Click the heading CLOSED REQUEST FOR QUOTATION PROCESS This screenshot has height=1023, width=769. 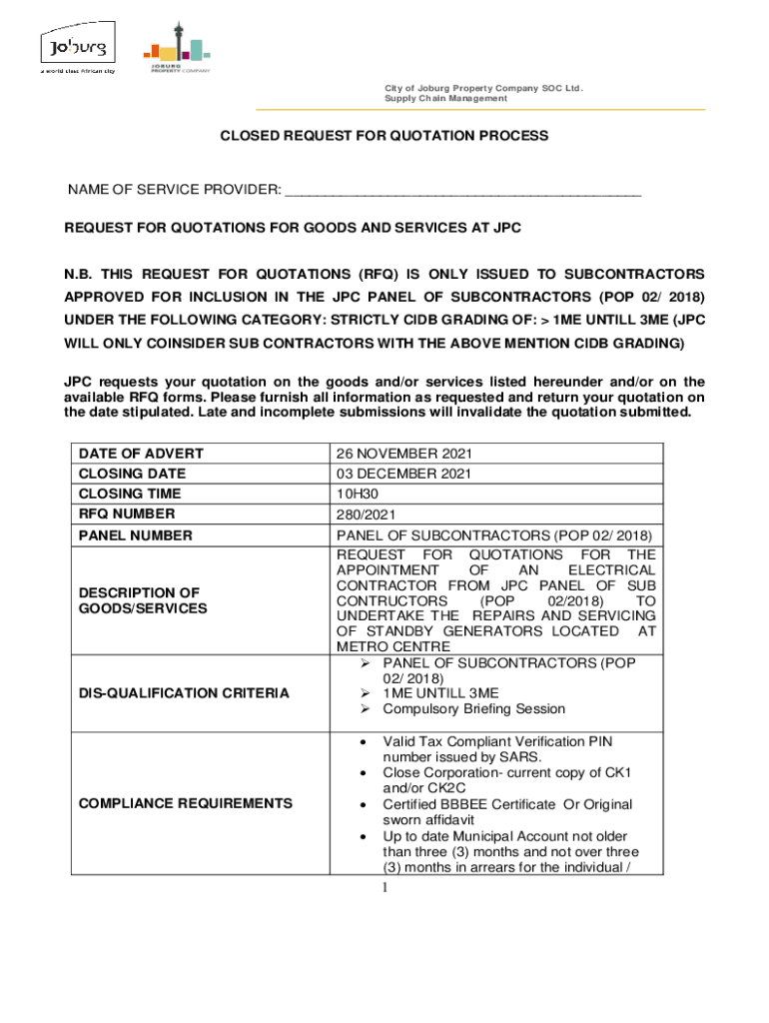pos(384,135)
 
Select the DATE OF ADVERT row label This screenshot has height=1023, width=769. pos(141,454)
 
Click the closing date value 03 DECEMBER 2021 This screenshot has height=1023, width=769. pos(403,474)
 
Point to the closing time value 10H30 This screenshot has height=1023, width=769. pos(361,494)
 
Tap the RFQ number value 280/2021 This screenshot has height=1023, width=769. pos(368,514)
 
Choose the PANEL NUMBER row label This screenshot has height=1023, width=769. pos(135,535)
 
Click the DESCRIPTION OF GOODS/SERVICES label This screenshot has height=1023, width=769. pos(143,599)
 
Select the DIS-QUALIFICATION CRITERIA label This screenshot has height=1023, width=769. pos(184,692)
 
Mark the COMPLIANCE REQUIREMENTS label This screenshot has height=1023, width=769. pos(185,803)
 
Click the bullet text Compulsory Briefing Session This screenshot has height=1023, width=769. pos(473,709)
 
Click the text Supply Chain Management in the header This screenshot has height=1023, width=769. pos(445,99)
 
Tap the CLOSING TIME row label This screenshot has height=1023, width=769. pos(132,494)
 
